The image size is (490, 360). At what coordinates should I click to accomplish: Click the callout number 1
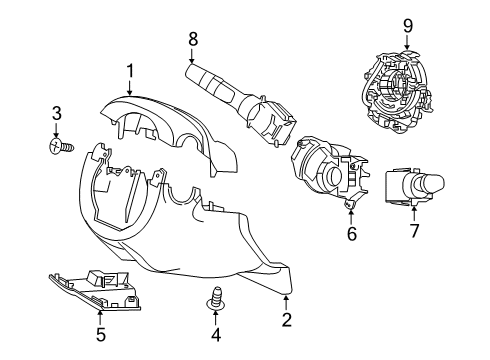pyautogui.click(x=130, y=70)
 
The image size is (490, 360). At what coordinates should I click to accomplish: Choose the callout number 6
pyautogui.click(x=351, y=234)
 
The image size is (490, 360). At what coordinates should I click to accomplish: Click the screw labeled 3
pyautogui.click(x=59, y=148)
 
